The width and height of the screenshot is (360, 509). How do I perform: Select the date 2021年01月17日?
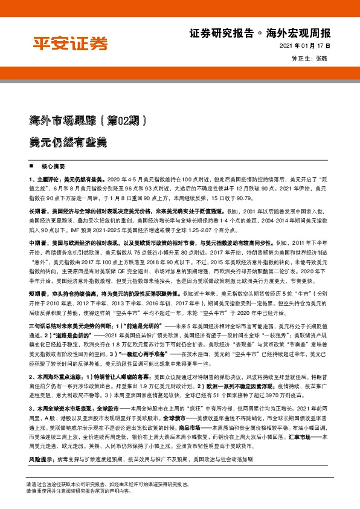click(x=306, y=47)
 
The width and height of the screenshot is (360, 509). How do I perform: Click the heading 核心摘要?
click(x=53, y=166)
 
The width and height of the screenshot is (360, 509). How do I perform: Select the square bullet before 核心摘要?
click(x=31, y=166)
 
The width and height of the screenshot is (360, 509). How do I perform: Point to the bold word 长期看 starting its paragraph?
click(x=37, y=212)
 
